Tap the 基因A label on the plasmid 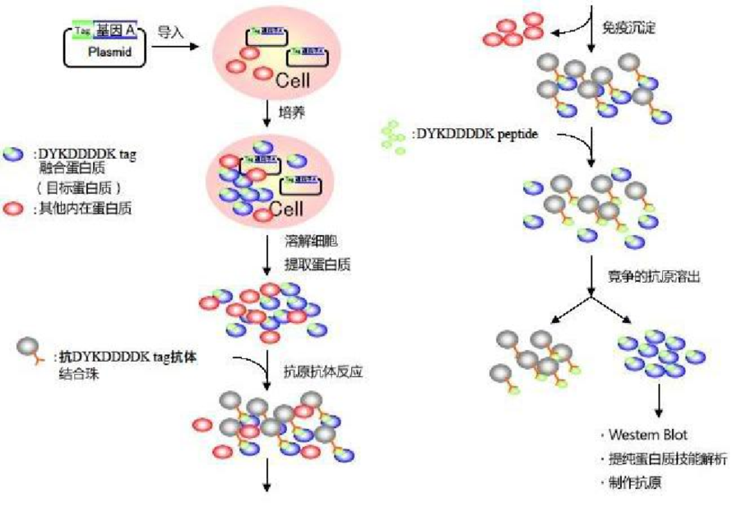pyautogui.click(x=114, y=31)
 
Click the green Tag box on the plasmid pyautogui.click(x=82, y=30)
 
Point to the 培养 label pyautogui.click(x=294, y=113)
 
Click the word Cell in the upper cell pyautogui.click(x=292, y=81)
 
